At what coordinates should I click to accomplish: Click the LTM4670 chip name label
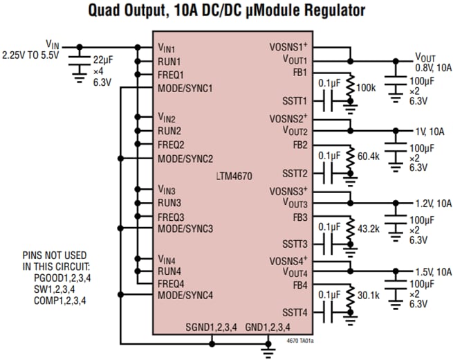tap(233, 177)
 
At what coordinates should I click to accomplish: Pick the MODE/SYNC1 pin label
tap(185, 88)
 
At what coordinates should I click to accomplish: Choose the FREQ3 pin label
tap(170, 217)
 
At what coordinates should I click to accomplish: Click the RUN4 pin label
tap(169, 271)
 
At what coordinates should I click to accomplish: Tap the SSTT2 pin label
tap(295, 173)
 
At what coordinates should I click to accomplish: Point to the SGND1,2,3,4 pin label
tap(210, 327)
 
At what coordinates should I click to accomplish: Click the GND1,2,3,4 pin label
tap(267, 327)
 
